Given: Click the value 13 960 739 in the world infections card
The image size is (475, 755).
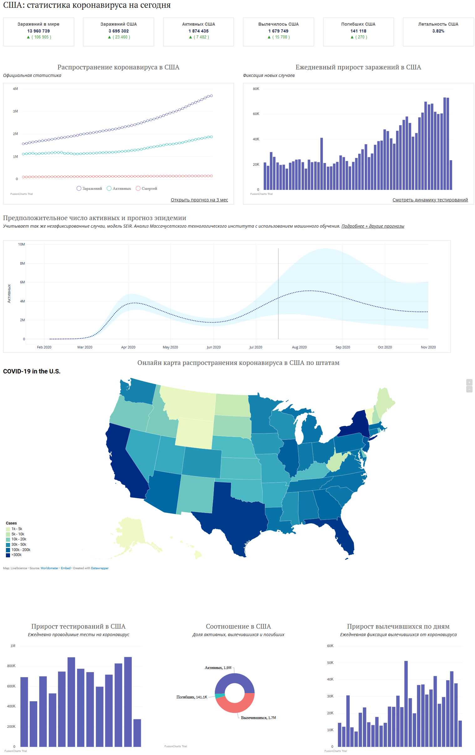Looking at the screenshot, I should point(38,31).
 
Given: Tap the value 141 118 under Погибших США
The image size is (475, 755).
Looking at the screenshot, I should point(358,31).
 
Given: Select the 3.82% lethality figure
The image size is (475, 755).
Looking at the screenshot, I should point(438,31).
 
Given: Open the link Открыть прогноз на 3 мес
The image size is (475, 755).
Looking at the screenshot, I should point(199,200).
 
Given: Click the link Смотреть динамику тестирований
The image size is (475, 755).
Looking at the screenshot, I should point(430,200).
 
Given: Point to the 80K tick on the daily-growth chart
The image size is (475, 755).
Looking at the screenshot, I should point(256,89).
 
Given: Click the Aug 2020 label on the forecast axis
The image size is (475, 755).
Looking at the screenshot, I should point(299,347).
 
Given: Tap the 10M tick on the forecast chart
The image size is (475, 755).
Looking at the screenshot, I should point(21,244).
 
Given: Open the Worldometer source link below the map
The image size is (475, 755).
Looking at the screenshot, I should point(49,568).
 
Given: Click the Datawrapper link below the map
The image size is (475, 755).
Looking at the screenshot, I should point(100,568).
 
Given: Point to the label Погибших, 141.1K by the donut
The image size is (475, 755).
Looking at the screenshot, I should point(192,697).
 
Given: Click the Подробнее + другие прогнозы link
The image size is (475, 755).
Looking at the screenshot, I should point(372,226).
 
